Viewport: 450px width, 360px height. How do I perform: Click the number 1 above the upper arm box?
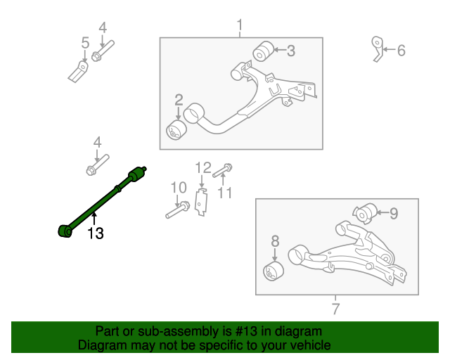[239, 27]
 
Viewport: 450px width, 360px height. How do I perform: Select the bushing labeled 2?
[175, 130]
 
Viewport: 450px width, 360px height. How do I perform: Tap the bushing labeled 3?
[263, 51]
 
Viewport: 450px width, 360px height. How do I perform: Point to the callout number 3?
[290, 51]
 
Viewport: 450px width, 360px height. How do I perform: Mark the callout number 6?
[401, 51]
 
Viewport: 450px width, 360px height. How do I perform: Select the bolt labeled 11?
[224, 169]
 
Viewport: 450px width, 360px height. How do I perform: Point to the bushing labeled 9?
[365, 212]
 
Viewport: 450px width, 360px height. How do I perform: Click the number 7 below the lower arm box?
[335, 308]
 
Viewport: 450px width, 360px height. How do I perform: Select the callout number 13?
[95, 233]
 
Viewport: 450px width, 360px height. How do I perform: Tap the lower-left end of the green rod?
[63, 231]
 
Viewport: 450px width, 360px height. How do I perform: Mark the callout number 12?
[202, 167]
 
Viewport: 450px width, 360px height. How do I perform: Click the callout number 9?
[394, 212]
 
